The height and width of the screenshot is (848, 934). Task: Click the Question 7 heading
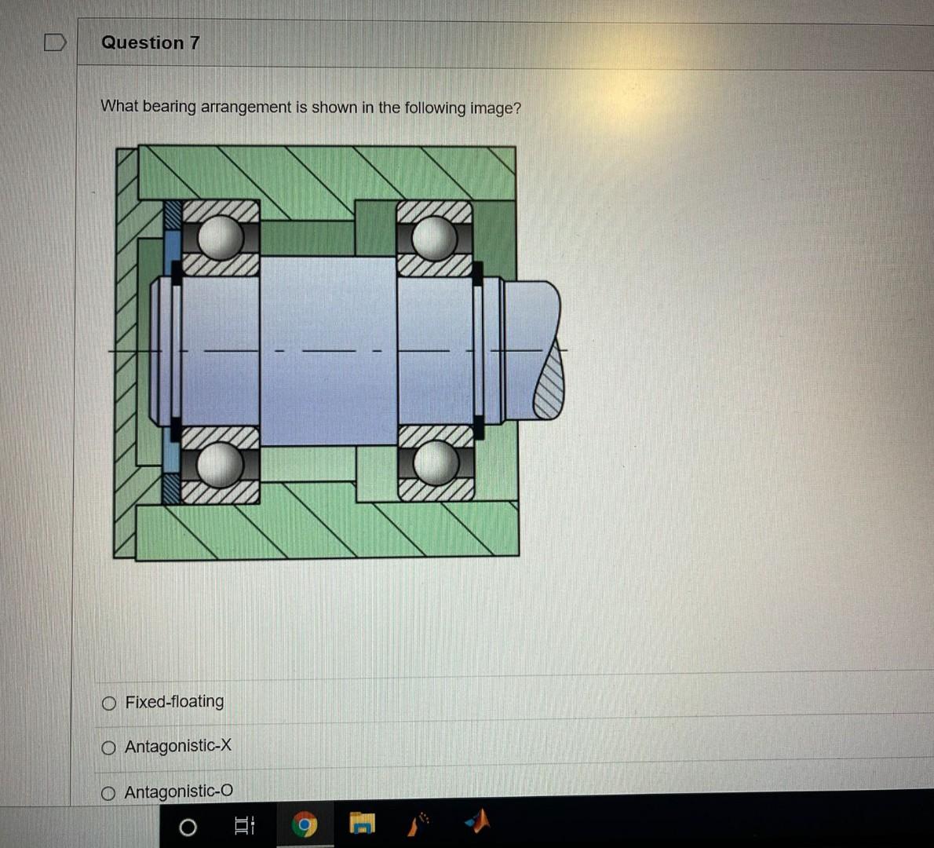coord(150,43)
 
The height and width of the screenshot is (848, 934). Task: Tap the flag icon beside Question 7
coord(54,42)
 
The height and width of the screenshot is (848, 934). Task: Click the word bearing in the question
coord(170,107)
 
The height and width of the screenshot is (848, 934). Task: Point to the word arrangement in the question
coord(246,107)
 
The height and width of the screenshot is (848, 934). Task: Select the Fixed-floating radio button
coord(109,703)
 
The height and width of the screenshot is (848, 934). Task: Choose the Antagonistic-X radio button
coord(109,747)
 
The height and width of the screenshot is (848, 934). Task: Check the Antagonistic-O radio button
coord(109,793)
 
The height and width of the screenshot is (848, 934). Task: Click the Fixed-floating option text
coord(174,701)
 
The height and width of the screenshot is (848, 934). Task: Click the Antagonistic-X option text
coord(178,746)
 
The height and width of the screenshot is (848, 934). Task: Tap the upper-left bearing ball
coord(221,236)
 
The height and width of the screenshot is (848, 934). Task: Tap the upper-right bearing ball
coord(435,236)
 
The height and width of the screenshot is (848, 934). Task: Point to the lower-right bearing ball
coord(436,463)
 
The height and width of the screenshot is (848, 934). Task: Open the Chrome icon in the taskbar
coord(304,825)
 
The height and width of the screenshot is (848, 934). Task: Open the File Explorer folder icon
coord(362,824)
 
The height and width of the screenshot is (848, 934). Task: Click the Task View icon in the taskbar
coord(244,825)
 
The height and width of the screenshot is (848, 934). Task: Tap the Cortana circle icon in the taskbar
coord(188,827)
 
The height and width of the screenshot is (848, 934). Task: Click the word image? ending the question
coord(495,108)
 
